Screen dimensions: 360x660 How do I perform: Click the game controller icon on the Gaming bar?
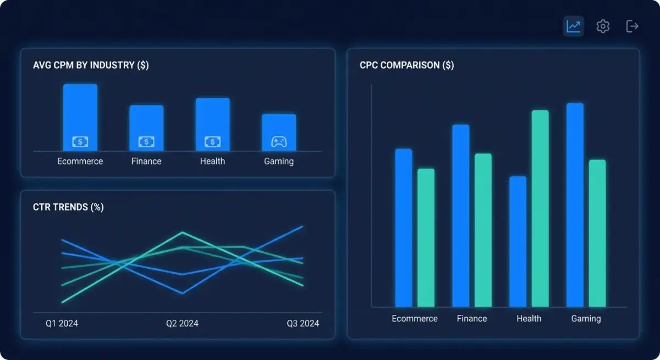tap(279, 142)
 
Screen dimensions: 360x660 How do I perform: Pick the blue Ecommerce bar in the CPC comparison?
tap(403, 228)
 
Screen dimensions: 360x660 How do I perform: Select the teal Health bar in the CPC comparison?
tap(540, 208)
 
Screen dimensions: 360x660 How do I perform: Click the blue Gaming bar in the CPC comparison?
tap(575, 204)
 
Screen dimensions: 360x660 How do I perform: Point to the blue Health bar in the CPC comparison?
tap(518, 241)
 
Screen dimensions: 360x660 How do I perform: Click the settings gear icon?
tap(603, 26)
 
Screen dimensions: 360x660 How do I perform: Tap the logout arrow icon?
tap(632, 26)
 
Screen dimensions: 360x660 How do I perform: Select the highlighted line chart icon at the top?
tap(574, 26)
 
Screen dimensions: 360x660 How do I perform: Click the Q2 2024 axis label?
tap(182, 323)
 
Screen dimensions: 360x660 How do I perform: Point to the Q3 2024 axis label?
tap(302, 323)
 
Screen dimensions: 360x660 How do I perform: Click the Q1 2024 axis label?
tap(62, 323)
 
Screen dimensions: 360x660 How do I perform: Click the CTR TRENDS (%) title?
tap(68, 207)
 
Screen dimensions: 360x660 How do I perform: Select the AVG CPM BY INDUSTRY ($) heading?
tap(91, 65)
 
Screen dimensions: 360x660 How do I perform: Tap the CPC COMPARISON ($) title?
tap(406, 65)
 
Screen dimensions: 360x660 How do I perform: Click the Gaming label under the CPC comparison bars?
tap(586, 318)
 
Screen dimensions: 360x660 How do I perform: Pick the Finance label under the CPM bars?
tap(146, 161)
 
